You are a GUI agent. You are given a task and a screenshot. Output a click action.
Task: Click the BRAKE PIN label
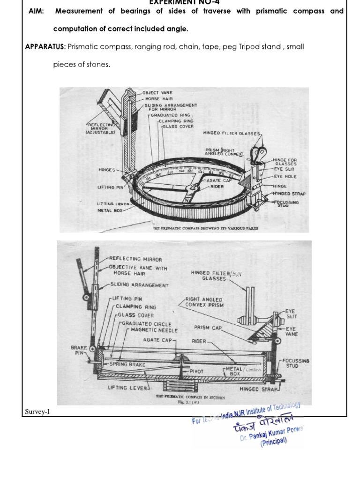(78, 351)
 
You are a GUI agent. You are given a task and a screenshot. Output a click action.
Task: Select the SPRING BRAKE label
(127, 364)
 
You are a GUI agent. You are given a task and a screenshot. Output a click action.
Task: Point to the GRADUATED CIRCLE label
(147, 323)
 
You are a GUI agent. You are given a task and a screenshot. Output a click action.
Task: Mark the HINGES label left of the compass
(106, 169)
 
